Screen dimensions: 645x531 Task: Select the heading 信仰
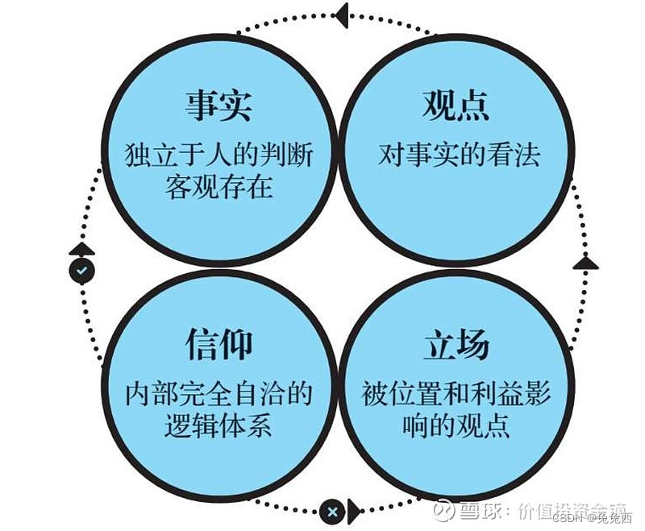[x=218, y=345]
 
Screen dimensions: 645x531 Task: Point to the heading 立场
[x=456, y=345]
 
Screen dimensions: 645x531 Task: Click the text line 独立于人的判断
[x=218, y=154]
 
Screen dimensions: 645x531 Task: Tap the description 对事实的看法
[x=457, y=154]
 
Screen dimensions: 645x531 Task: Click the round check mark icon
[x=81, y=270]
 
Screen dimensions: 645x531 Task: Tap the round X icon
[x=331, y=511]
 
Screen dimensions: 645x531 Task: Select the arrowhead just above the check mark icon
[x=81, y=248]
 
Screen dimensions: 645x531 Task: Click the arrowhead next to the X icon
[x=352, y=511]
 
